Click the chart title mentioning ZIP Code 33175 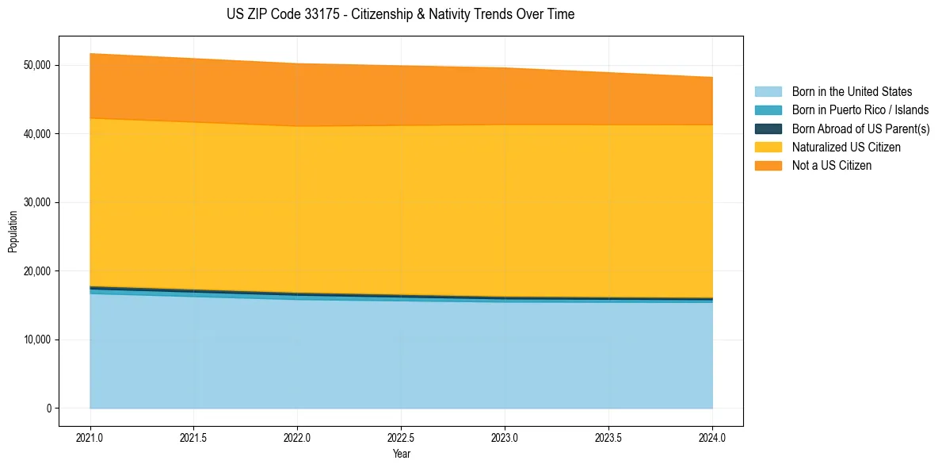400,14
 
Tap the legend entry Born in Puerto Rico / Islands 860,110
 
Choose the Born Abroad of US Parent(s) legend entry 860,129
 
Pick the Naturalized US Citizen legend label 846,148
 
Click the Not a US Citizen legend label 831,166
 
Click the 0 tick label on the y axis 49,409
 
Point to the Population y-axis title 13,232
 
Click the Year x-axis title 401,454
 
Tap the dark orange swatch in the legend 768,166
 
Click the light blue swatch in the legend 768,92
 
